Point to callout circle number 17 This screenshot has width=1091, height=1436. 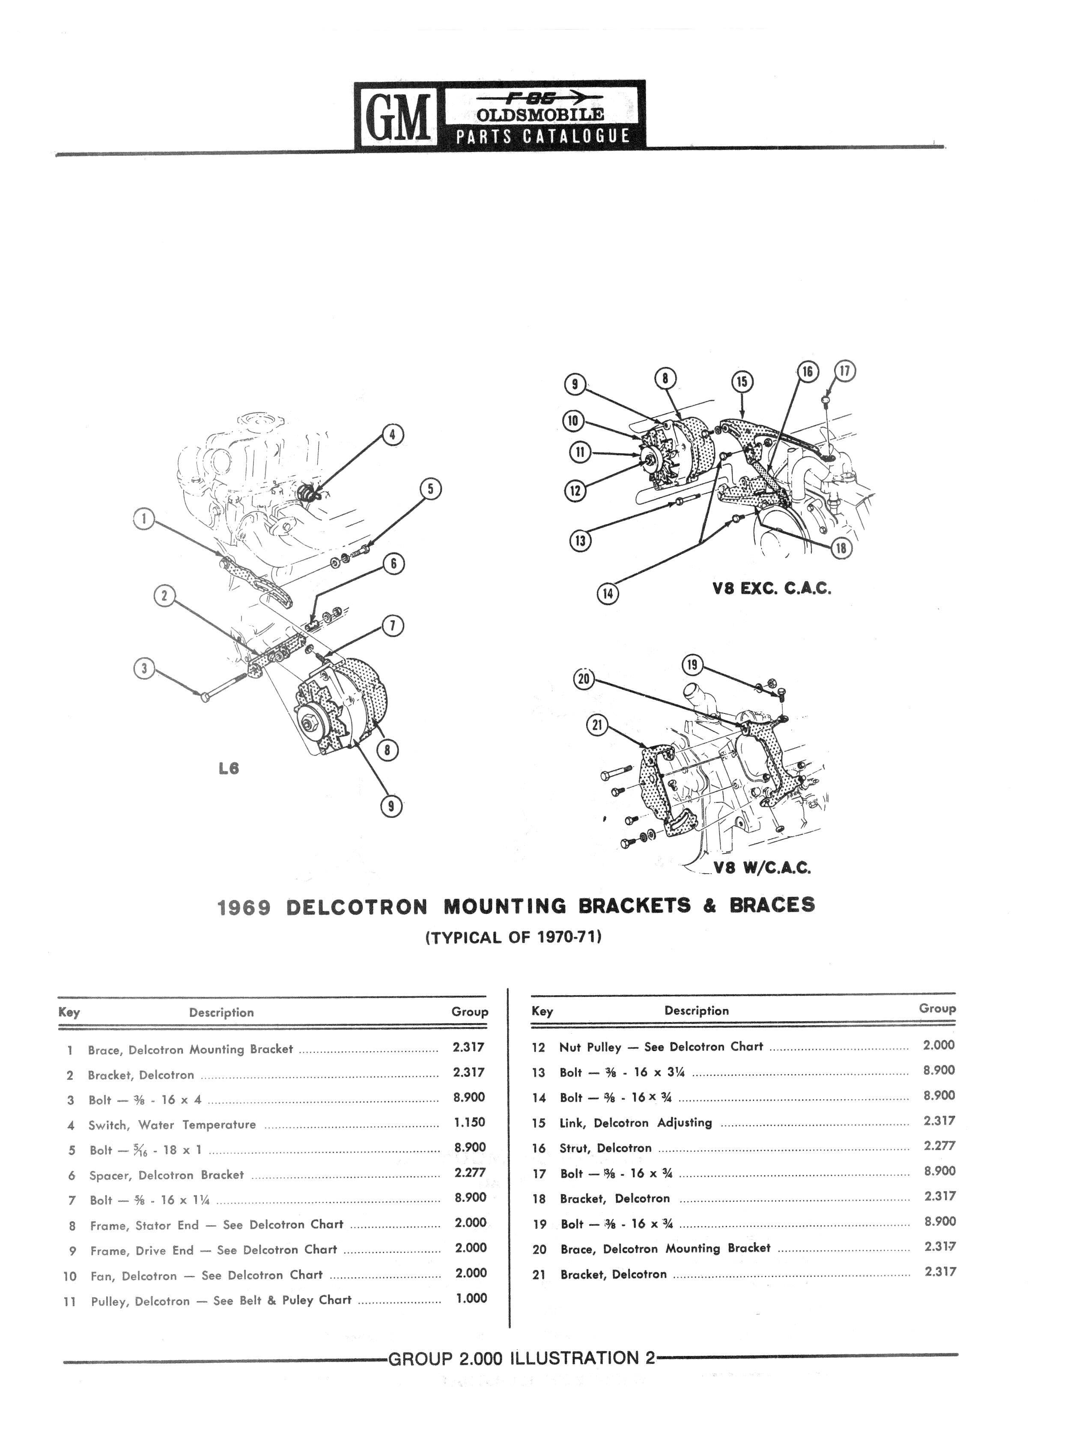845,371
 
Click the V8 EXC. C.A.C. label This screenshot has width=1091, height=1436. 772,588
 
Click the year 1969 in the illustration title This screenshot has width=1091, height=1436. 244,906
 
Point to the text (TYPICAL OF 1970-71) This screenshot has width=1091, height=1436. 513,937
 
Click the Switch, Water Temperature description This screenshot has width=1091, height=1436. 172,1124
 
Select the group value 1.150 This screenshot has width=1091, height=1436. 470,1122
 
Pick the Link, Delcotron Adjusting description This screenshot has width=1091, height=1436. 636,1122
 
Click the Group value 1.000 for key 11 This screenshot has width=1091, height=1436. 471,1298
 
